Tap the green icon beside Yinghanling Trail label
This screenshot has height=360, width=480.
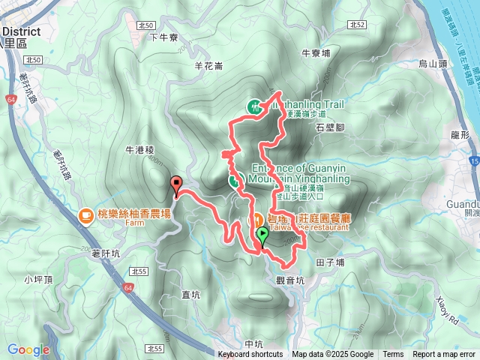pos(255,107)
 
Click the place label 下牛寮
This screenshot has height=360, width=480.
pos(163,37)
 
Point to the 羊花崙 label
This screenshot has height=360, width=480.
pos(208,66)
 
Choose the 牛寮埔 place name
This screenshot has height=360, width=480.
pos(316,53)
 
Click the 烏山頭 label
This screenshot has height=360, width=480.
pos(433,64)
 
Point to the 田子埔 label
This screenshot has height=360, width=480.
pos(330,262)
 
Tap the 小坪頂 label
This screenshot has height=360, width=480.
pos(37,280)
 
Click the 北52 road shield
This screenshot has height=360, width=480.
pos(357,25)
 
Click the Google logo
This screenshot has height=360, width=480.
pos(28,349)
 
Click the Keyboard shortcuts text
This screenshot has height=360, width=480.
pos(250,355)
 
